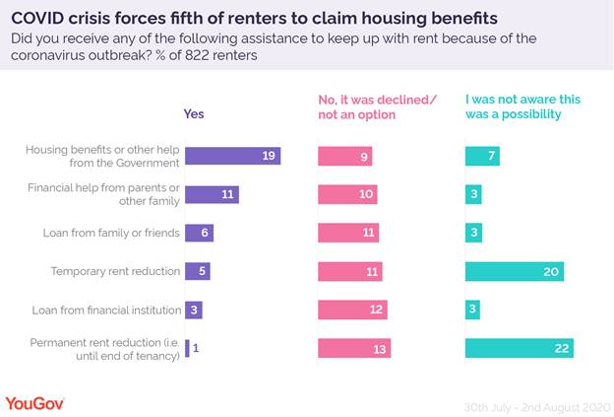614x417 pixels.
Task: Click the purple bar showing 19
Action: click(x=233, y=156)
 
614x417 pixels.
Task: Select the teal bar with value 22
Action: click(x=520, y=348)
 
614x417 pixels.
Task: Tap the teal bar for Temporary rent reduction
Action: click(x=515, y=271)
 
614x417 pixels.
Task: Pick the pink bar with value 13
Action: click(x=354, y=348)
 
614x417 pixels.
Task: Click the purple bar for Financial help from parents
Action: click(x=213, y=194)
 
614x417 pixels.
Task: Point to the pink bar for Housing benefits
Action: click(x=345, y=156)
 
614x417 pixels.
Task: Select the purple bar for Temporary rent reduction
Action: click(x=198, y=271)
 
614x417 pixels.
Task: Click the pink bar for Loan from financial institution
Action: click(x=352, y=310)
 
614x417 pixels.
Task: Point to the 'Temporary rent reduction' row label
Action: click(x=115, y=271)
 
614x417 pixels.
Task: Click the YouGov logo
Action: click(x=35, y=402)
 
